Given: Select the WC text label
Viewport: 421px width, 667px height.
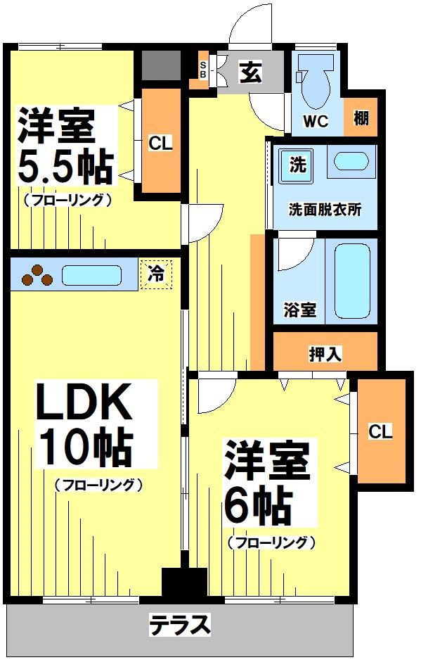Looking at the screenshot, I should point(316,121).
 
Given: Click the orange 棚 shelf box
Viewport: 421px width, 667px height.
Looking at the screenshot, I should point(361,117).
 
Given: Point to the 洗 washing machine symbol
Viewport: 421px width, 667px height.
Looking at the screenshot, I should point(298,167).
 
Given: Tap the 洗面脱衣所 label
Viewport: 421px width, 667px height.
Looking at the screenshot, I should point(325,210).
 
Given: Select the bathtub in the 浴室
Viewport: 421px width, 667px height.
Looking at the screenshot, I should point(351,280).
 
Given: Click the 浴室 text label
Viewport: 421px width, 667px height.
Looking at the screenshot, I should point(299,310).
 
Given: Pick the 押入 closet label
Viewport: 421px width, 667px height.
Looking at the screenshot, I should point(325,354).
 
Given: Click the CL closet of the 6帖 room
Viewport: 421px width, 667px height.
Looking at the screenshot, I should point(380,431).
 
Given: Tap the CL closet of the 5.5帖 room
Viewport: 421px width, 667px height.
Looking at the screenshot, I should point(160,143).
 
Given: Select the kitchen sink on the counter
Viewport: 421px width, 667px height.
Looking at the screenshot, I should point(91,274).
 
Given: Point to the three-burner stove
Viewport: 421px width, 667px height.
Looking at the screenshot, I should point(37,276).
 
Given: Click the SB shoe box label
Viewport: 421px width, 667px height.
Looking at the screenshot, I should point(203,70).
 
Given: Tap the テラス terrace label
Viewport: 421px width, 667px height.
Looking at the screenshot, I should point(180,623).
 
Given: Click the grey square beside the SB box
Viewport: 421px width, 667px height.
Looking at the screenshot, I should point(160,65).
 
